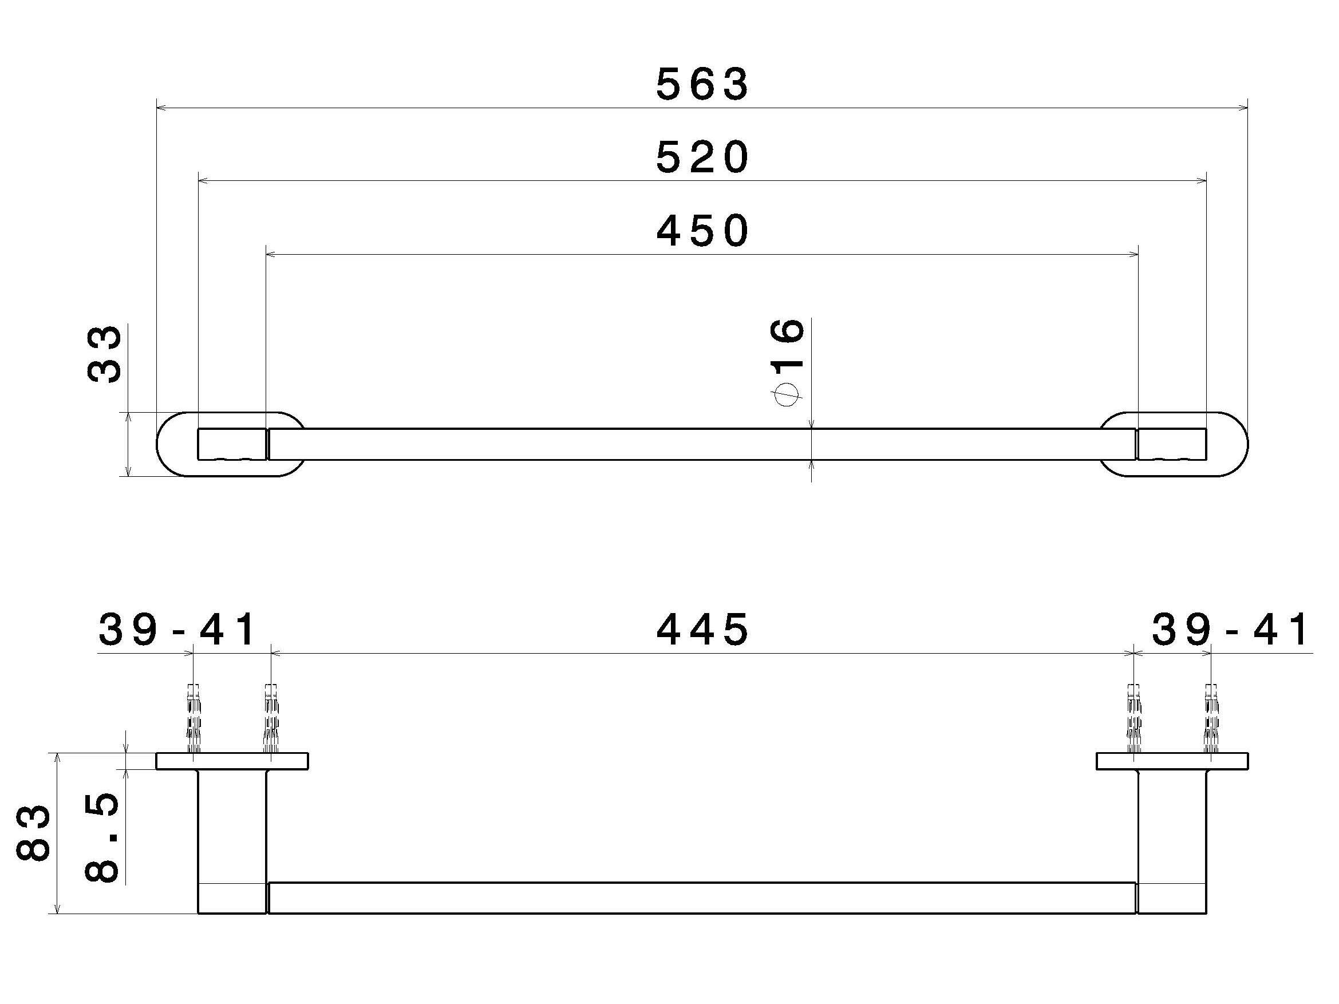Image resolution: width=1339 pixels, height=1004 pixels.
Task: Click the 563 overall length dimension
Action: click(x=702, y=84)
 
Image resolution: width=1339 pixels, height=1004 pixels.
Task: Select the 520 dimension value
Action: click(x=702, y=157)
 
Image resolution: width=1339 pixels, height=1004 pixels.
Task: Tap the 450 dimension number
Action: click(x=702, y=231)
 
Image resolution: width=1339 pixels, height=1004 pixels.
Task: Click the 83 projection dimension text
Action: click(x=33, y=832)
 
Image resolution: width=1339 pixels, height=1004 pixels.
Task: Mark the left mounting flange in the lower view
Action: click(x=232, y=761)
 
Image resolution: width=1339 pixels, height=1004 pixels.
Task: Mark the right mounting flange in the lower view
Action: click(x=1172, y=761)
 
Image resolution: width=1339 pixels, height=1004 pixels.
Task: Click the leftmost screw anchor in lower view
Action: click(x=193, y=718)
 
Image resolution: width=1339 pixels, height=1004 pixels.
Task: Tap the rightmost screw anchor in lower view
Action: click(x=1211, y=718)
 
